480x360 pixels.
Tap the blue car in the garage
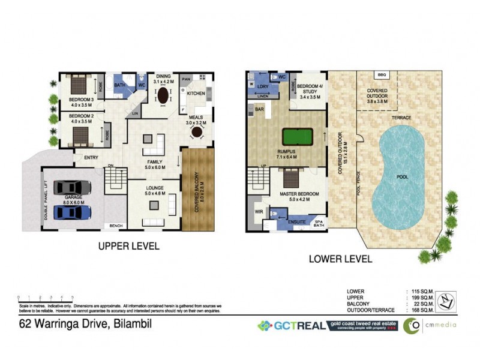(x=72, y=212)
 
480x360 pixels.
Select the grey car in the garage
(x=72, y=188)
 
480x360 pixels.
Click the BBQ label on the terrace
(x=381, y=75)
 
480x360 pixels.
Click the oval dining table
(x=163, y=96)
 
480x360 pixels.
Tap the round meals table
(x=195, y=133)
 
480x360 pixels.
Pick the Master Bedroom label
(x=299, y=194)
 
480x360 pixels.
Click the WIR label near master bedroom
(x=258, y=212)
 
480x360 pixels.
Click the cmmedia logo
(x=429, y=326)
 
